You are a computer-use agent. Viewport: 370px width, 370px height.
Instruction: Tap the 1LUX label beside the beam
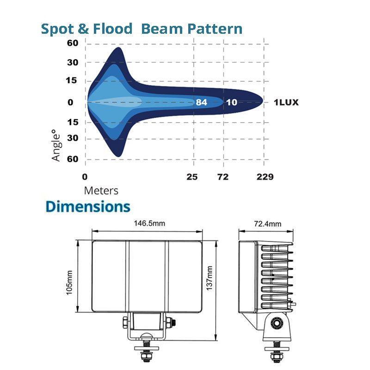click(286, 102)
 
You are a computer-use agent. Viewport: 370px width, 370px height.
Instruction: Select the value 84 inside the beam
click(201, 102)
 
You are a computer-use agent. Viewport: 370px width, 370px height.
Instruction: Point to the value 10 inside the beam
click(232, 102)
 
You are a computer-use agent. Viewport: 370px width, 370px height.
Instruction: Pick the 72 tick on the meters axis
click(223, 177)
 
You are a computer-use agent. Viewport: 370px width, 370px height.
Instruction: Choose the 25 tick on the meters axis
click(192, 177)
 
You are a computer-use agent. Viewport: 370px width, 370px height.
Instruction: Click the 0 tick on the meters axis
click(85, 177)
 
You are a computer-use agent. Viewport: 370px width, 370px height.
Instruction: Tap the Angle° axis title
click(56, 145)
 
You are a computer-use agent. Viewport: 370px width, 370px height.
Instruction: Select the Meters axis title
click(101, 191)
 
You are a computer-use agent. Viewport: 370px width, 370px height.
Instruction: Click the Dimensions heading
click(88, 206)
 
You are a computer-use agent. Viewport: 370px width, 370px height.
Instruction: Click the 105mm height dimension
click(70, 282)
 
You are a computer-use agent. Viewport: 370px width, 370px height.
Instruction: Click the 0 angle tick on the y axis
click(71, 102)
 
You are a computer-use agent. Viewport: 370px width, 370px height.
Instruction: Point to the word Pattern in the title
click(214, 29)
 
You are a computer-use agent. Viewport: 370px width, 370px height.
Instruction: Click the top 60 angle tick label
click(73, 43)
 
